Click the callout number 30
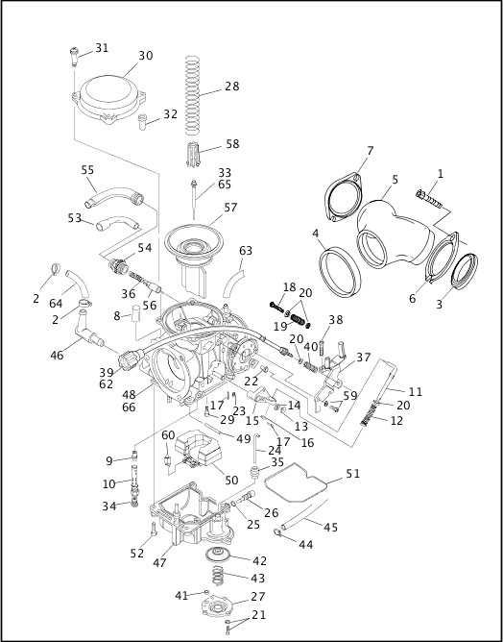click(145, 56)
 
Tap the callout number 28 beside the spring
click(231, 86)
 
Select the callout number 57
click(230, 208)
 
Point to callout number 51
click(353, 473)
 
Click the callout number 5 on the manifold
click(395, 180)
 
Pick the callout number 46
click(57, 355)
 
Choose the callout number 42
click(259, 560)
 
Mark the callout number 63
click(246, 251)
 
